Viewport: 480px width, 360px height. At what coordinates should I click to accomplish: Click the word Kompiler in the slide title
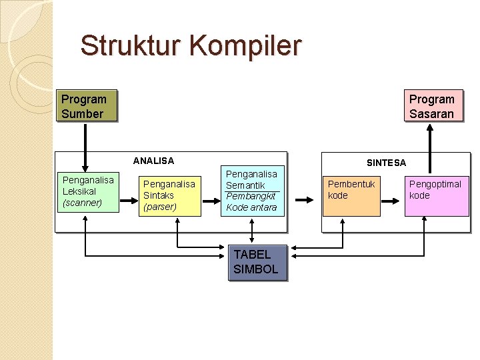click(247, 46)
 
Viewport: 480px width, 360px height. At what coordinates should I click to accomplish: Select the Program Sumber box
click(87, 106)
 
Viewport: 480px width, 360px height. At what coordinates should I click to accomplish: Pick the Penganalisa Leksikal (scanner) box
click(88, 191)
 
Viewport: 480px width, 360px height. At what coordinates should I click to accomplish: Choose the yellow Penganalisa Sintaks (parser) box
click(169, 195)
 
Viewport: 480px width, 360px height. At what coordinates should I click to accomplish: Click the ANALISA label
click(153, 161)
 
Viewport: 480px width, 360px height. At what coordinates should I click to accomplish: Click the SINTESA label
click(386, 163)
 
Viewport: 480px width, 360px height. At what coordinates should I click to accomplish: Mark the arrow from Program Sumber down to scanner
click(85, 147)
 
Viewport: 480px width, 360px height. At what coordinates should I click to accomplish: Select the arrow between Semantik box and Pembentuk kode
click(304, 199)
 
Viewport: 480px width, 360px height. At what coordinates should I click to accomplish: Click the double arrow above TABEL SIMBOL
click(251, 231)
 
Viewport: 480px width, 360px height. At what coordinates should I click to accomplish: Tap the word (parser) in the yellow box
click(160, 207)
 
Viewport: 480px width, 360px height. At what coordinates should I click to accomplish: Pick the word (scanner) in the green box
click(81, 203)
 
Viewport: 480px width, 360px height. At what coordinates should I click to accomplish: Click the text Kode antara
click(251, 207)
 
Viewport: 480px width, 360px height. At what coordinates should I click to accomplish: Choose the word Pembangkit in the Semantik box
click(251, 196)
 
